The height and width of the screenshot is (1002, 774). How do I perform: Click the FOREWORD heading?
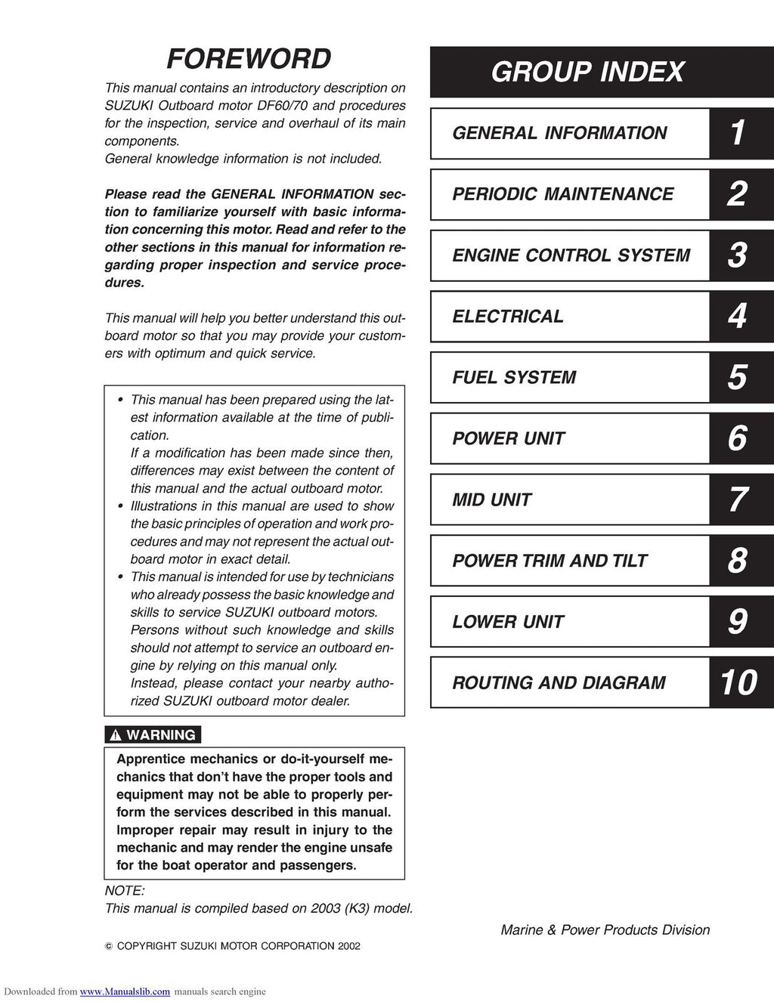[249, 59]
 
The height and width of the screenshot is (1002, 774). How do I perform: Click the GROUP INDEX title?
[587, 72]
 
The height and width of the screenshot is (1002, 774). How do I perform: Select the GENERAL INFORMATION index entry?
[559, 133]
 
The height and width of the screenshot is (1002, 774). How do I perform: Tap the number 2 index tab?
[737, 194]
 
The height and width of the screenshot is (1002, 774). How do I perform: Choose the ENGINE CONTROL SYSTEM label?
[571, 255]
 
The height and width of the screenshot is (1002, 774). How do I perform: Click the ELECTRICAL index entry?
[508, 317]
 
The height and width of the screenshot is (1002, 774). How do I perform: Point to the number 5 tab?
[737, 377]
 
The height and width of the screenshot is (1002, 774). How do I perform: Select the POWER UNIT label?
[508, 438]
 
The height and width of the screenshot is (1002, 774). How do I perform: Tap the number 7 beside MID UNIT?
[737, 499]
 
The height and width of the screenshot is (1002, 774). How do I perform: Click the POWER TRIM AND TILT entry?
[550, 561]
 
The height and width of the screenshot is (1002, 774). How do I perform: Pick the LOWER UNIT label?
[508, 622]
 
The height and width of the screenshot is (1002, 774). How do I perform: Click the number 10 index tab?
[738, 682]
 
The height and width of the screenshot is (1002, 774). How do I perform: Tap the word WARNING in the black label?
[160, 735]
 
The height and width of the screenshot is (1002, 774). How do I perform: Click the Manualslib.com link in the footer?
[125, 992]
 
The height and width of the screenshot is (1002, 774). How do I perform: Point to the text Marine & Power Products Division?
[605, 930]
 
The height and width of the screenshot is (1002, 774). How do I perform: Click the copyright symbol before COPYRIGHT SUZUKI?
[108, 946]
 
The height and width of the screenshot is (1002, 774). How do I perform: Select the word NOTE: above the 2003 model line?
[124, 891]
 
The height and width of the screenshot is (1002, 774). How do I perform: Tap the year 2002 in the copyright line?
[348, 946]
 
